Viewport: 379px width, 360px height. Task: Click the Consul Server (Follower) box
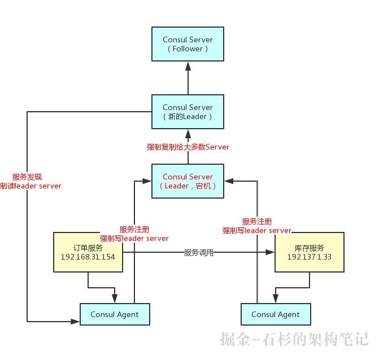click(x=188, y=44)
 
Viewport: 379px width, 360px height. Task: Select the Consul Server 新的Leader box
click(x=188, y=111)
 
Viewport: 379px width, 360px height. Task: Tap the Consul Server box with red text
click(x=188, y=181)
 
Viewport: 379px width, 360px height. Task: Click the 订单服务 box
click(x=88, y=252)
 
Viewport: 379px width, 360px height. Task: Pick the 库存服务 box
click(x=310, y=252)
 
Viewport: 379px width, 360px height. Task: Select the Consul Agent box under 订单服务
click(x=114, y=314)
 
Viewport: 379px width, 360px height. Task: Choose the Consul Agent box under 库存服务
click(x=275, y=314)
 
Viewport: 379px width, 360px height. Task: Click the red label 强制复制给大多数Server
click(x=188, y=147)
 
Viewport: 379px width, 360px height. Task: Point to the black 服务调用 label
click(x=199, y=253)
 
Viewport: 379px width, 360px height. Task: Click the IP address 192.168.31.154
click(x=88, y=257)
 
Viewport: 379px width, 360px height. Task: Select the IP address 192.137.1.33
click(x=310, y=257)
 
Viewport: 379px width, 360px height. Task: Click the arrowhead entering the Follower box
click(x=188, y=66)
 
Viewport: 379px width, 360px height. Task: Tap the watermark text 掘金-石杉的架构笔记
click(x=294, y=339)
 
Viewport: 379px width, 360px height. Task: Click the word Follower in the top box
click(x=188, y=49)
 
